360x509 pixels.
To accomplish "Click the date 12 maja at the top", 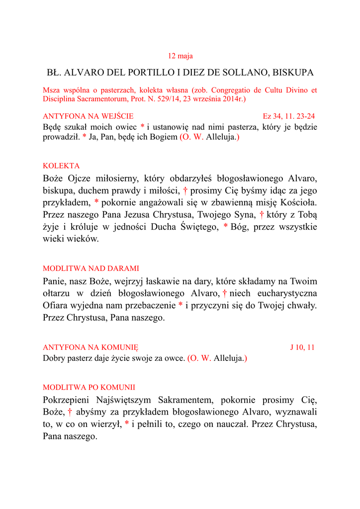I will [180, 56].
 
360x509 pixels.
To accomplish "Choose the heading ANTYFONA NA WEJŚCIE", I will [89, 116].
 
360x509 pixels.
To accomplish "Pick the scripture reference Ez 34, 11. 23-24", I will [288, 116].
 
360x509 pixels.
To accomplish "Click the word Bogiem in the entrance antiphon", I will [163, 137].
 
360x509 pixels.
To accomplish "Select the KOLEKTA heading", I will [61, 166].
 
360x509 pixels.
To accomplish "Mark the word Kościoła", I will [298, 202].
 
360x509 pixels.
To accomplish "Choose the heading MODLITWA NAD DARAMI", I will [91, 268].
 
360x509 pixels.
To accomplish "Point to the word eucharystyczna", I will [286, 293].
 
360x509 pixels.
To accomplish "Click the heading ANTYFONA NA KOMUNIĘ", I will [90, 347].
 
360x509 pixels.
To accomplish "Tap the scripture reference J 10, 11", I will [302, 347].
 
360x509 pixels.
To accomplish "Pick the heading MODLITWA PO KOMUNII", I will [89, 387].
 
